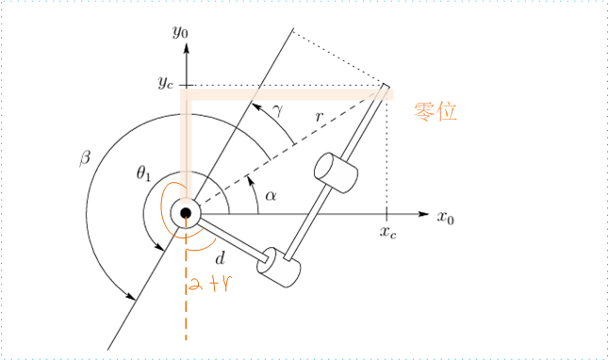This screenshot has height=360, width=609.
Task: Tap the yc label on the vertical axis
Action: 165,83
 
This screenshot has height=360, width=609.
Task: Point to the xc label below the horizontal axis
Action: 387,232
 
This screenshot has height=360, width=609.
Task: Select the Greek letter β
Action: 84,157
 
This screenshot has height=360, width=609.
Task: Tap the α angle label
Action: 271,195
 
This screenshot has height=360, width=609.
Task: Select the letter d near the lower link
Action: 220,257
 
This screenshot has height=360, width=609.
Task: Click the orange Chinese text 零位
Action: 436,112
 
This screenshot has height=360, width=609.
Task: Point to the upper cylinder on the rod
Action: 337,172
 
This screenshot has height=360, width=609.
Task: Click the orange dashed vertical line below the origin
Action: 187,302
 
